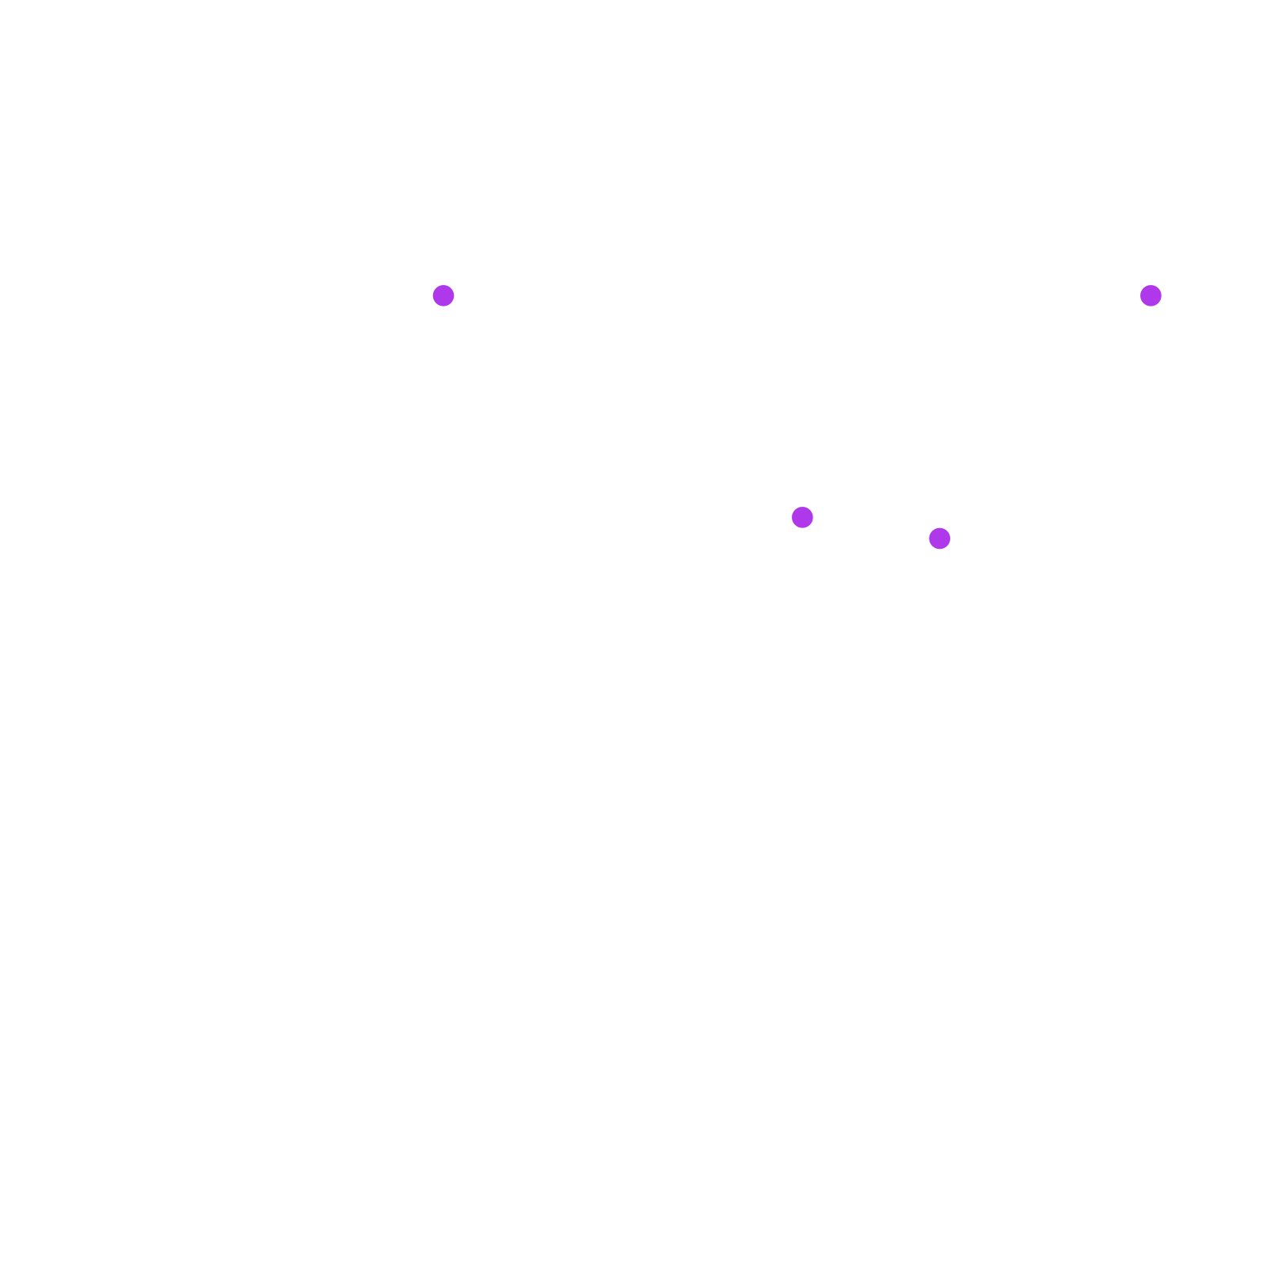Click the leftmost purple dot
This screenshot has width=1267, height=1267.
(443, 295)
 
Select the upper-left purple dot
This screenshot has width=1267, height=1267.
(443, 295)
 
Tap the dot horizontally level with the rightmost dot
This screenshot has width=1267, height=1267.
(443, 295)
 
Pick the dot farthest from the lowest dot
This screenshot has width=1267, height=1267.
(443, 295)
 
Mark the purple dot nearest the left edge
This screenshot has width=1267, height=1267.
(443, 295)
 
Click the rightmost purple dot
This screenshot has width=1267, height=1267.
(1151, 295)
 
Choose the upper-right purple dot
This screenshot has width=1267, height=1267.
(1151, 295)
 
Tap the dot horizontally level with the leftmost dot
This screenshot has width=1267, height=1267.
(1151, 295)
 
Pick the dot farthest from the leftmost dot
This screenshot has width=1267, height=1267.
(1151, 295)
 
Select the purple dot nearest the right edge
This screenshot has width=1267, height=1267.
(1151, 295)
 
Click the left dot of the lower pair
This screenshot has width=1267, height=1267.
(802, 517)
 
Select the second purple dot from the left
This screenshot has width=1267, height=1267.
(802, 517)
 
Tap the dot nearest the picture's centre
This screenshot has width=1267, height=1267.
(802, 517)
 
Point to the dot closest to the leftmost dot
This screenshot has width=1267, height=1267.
(802, 517)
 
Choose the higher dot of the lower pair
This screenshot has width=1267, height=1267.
(802, 517)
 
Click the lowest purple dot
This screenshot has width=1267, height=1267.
(939, 538)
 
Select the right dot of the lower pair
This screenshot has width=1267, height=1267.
(939, 538)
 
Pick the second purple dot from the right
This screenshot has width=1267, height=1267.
(939, 538)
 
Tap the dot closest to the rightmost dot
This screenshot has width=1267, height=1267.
(939, 538)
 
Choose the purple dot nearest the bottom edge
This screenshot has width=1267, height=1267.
(939, 538)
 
